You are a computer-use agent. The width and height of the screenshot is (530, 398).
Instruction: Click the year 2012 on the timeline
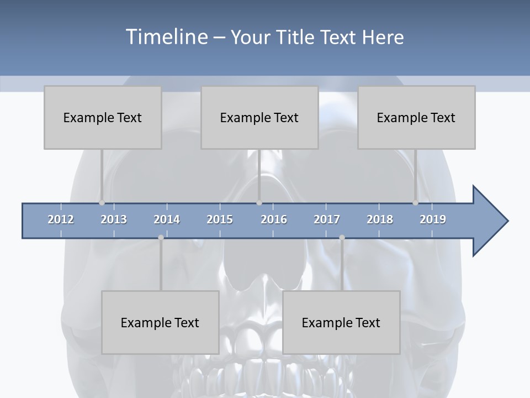[x=61, y=219]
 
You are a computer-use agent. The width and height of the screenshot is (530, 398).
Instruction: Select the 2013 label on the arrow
[x=114, y=219]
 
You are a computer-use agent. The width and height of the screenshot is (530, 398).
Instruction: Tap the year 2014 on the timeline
[x=167, y=219]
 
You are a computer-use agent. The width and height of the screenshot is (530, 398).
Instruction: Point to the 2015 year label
[x=220, y=219]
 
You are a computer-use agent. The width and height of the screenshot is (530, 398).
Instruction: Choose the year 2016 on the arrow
[x=274, y=219]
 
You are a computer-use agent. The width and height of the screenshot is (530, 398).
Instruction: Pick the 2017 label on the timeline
[x=327, y=219]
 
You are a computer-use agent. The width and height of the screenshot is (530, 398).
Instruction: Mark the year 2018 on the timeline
[x=380, y=219]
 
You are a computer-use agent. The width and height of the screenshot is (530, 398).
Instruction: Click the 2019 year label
[x=433, y=219]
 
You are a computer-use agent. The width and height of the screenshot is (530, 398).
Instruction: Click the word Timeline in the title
[x=166, y=36]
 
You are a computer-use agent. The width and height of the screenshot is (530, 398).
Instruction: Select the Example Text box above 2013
[x=103, y=117]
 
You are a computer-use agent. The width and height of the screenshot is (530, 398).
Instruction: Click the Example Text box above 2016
[x=259, y=117]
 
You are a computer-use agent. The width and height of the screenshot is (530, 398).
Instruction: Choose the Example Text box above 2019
[x=416, y=117]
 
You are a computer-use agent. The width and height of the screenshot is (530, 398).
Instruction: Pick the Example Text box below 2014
[x=160, y=322]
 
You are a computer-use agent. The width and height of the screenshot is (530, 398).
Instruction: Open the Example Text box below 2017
[x=341, y=322]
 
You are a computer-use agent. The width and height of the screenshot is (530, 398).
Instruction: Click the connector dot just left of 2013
[x=102, y=203]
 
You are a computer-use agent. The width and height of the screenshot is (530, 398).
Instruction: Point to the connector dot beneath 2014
[x=161, y=238]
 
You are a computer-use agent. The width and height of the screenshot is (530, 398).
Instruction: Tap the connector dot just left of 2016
[x=259, y=203]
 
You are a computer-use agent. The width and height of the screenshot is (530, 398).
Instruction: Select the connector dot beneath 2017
[x=342, y=238]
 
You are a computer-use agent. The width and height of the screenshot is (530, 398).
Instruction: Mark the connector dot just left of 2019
[x=415, y=203]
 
